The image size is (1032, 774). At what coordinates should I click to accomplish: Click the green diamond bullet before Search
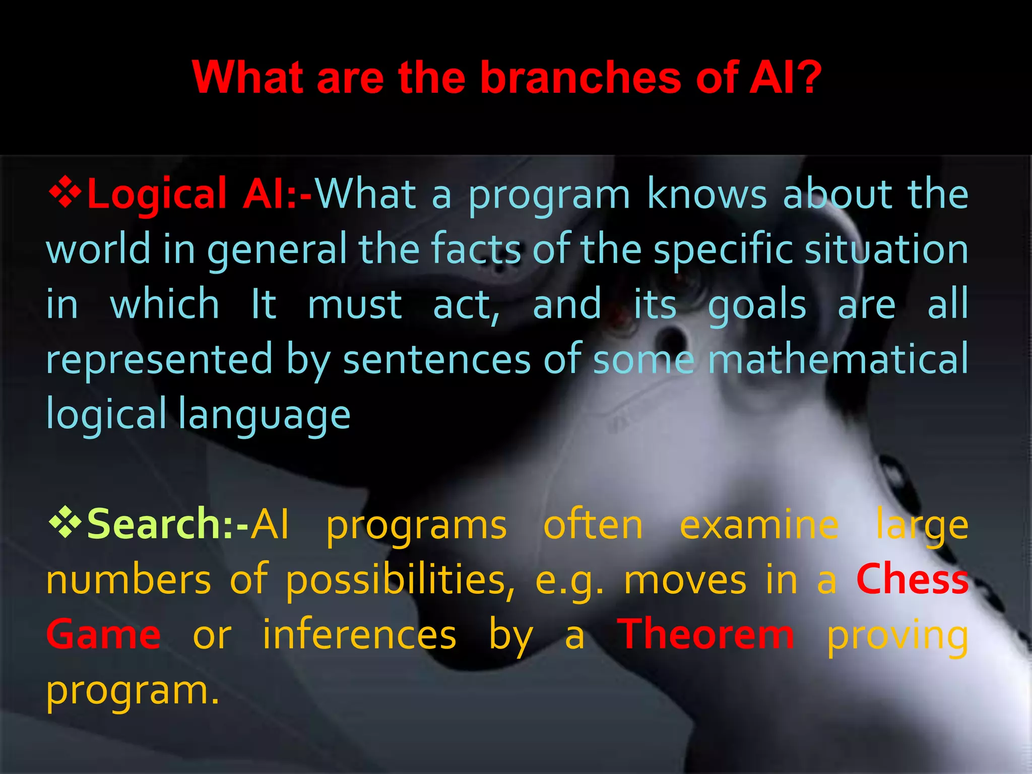coord(65,524)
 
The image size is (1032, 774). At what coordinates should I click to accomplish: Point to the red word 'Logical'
coord(157,195)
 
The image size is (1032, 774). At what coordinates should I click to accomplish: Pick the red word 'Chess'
coord(912,579)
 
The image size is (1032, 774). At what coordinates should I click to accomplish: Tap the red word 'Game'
coord(103,635)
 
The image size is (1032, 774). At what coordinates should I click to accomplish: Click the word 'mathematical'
coord(838,359)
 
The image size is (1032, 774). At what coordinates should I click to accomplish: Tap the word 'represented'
coord(159,359)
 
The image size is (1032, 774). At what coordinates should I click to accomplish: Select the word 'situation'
coord(886,249)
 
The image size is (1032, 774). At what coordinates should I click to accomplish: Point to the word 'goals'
coord(757,305)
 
